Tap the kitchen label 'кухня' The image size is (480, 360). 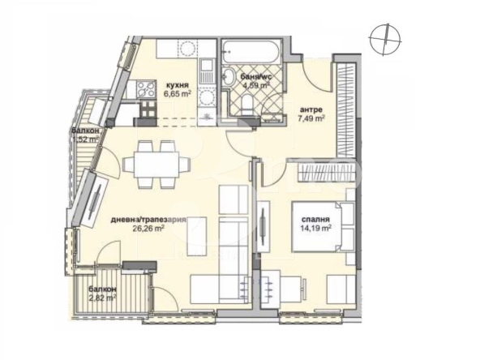point(178,84)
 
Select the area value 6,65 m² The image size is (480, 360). point(178,93)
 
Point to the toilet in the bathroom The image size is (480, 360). point(231,78)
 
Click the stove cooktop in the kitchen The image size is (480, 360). point(148,84)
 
